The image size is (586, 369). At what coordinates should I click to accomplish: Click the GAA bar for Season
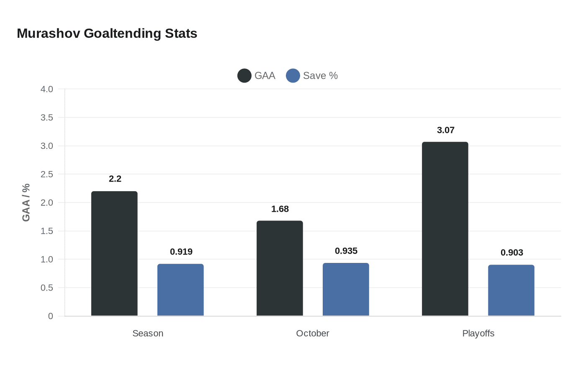pos(114,254)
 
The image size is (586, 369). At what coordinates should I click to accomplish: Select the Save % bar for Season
pos(180,290)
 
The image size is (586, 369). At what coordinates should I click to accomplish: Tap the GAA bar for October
pos(280,268)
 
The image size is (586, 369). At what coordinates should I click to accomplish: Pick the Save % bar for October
pos(346,289)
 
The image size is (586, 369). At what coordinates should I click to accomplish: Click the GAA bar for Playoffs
pos(445,229)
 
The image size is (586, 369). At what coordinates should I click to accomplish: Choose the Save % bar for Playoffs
pos(511,290)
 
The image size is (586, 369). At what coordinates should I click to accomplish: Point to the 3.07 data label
pos(445,130)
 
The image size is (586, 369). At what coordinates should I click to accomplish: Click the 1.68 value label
pos(280,209)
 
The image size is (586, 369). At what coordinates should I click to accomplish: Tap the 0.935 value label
pos(346,251)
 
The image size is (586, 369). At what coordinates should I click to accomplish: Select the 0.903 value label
pos(511,253)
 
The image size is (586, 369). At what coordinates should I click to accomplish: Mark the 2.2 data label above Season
pos(115,179)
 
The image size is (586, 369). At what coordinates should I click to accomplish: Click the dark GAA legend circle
pos(244,76)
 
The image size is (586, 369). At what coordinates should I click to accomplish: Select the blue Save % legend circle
pos(293,76)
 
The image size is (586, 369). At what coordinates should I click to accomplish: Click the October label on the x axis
pos(312,334)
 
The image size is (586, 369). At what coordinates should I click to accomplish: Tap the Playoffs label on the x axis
pos(478,334)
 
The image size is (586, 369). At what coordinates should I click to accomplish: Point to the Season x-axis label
pos(148,334)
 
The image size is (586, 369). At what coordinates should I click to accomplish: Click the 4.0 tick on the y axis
pos(47,89)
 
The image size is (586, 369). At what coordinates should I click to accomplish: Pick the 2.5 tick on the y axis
pos(47,174)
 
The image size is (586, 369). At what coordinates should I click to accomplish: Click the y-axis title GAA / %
pos(26,203)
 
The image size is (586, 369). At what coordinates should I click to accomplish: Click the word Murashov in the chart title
pos(49,34)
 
